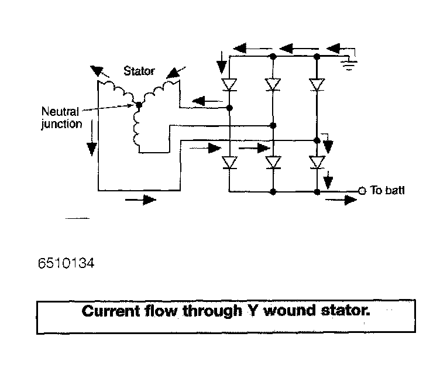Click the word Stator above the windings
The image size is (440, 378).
pos(139,71)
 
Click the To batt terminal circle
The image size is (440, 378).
pos(362,191)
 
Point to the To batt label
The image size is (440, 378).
pos(387,191)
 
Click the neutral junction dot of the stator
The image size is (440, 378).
pos(139,105)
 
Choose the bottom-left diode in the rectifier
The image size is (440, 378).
pos(229,162)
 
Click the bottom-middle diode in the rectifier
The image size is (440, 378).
pos(273,162)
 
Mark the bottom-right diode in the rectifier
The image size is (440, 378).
pos(317,162)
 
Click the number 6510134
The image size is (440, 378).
pos(66,264)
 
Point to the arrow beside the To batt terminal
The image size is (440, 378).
pos(342,201)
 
